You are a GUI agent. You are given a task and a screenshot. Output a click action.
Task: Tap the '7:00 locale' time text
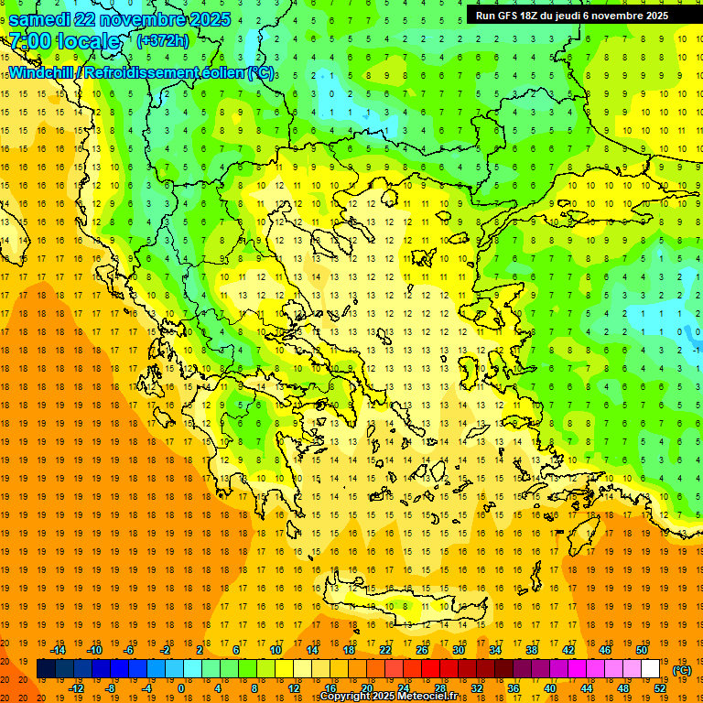64,41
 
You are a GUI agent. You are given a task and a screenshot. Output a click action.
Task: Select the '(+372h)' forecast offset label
163,40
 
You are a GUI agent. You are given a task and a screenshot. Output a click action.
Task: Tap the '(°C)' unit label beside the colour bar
682,670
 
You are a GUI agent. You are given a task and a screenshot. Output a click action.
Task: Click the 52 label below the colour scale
660,688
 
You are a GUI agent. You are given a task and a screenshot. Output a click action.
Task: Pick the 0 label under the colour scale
180,688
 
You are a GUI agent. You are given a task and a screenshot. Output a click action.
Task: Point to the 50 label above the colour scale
642,650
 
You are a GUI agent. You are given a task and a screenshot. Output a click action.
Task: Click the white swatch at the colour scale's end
651,669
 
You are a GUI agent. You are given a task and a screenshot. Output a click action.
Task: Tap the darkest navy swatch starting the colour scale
46,669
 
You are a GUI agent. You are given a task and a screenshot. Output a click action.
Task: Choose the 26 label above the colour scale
422,650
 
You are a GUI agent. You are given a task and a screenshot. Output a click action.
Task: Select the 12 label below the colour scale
294,688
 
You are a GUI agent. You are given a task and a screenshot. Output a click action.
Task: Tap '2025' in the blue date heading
205,19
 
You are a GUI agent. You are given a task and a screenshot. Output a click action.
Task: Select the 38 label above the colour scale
532,650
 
